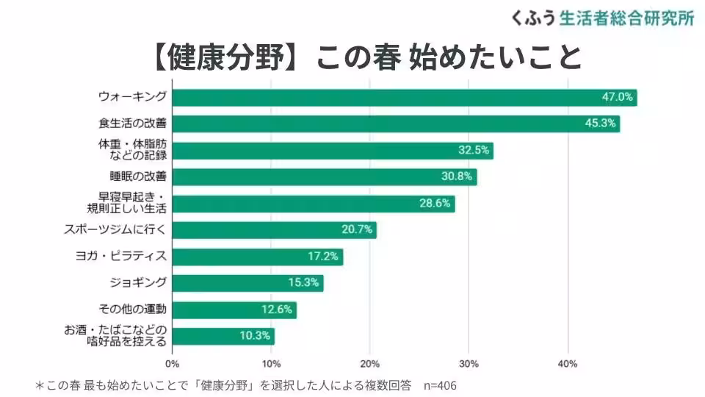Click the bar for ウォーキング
click(x=404, y=97)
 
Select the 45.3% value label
click(x=600, y=124)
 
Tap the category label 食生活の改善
click(x=132, y=124)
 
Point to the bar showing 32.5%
click(x=332, y=150)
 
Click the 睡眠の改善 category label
click(x=137, y=176)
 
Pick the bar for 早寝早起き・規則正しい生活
click(x=313, y=204)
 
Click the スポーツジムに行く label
click(x=115, y=230)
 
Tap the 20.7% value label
click(x=357, y=230)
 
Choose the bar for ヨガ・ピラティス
click(x=257, y=257)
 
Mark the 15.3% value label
click(x=303, y=283)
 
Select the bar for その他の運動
click(x=234, y=310)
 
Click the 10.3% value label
click(x=254, y=336)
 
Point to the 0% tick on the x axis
click(x=173, y=364)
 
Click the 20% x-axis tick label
click(x=370, y=364)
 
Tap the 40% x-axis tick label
click(x=568, y=364)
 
